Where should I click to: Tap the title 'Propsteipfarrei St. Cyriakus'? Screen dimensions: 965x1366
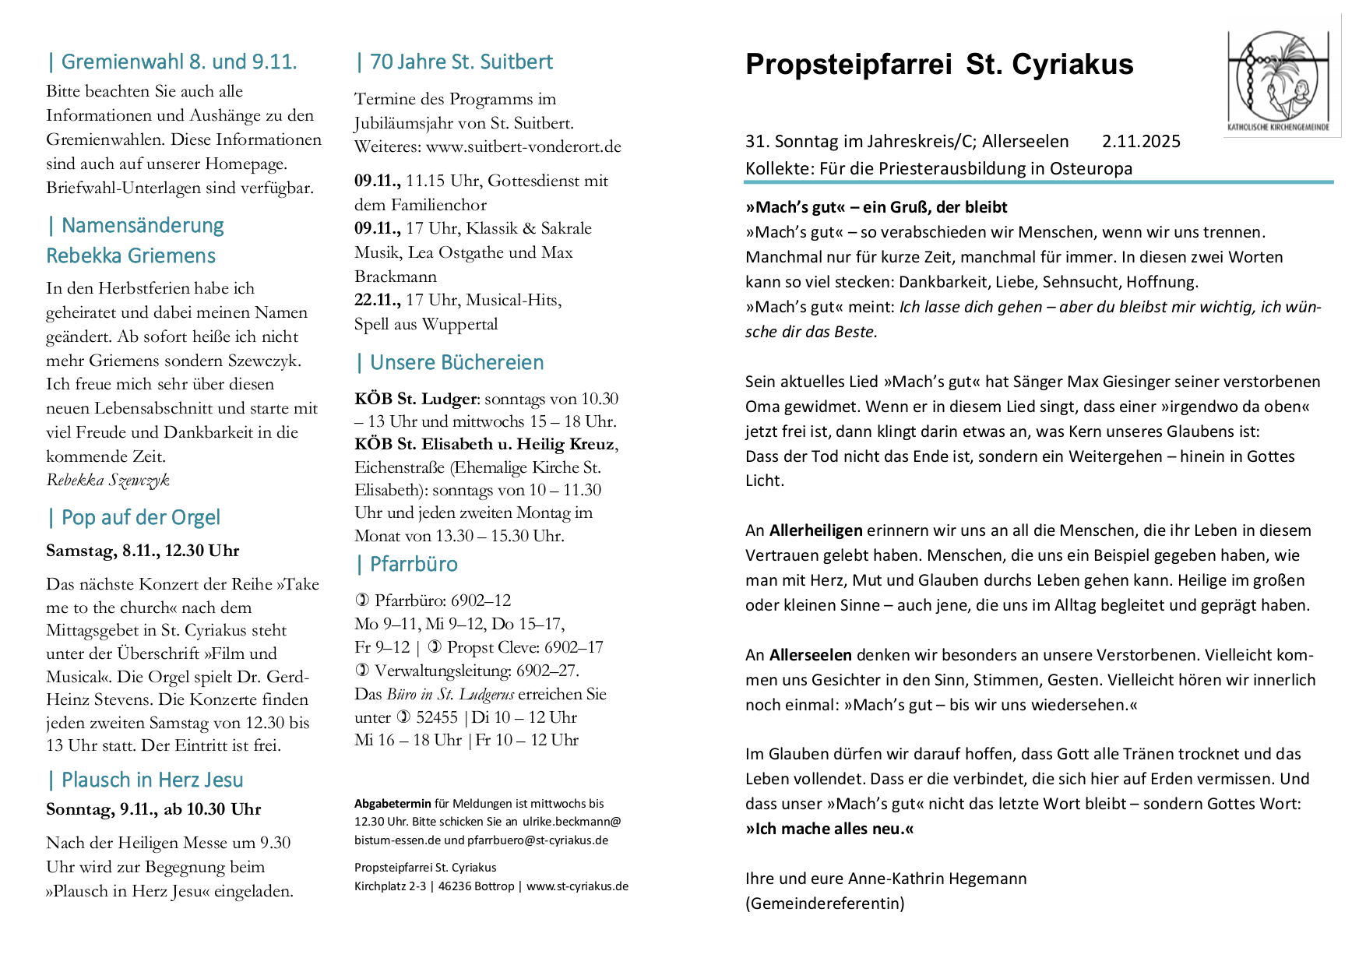click(x=938, y=65)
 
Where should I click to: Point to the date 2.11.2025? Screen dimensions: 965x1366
click(x=1141, y=142)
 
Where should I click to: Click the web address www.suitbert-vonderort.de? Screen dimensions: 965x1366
click(x=523, y=146)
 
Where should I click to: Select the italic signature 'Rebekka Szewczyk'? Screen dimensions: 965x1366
click(x=107, y=480)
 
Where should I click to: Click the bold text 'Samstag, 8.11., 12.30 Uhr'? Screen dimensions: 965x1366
click(x=143, y=551)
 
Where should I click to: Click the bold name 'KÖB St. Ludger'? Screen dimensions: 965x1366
click(x=415, y=399)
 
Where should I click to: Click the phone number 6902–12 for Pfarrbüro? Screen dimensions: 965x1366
click(x=481, y=600)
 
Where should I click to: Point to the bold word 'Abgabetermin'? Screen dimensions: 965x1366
click(x=393, y=804)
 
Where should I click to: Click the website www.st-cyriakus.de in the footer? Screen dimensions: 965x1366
click(x=577, y=886)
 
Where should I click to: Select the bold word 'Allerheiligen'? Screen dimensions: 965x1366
click(x=815, y=531)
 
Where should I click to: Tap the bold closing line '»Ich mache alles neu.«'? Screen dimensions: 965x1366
click(x=829, y=829)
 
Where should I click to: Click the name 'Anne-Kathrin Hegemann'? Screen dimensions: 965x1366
click(x=937, y=879)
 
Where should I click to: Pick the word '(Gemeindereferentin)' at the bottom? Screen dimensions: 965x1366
click(x=825, y=904)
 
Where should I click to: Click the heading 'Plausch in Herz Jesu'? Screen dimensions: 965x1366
click(x=152, y=780)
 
